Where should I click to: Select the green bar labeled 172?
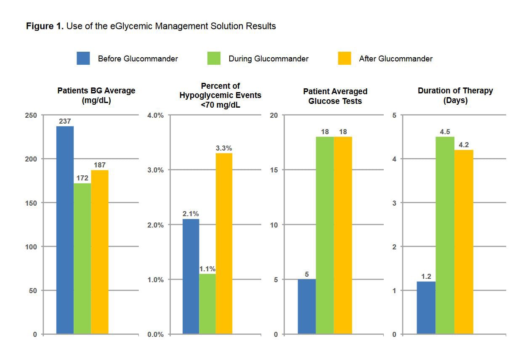point(82,259)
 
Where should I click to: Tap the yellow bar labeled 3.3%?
point(224,244)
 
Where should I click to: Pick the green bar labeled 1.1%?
point(207,304)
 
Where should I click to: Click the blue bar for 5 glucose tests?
point(307,307)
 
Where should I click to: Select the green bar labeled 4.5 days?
point(445,235)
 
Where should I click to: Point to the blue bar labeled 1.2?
point(426,308)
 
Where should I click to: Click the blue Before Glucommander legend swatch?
point(83,58)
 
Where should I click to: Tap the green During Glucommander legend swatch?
point(214,58)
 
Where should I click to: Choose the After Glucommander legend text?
point(396,59)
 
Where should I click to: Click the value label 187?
point(100,165)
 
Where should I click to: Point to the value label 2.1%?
point(191,214)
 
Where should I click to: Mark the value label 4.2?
point(464,145)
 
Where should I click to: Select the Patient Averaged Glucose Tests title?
point(335,96)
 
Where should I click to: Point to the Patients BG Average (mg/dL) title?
point(96,95)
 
